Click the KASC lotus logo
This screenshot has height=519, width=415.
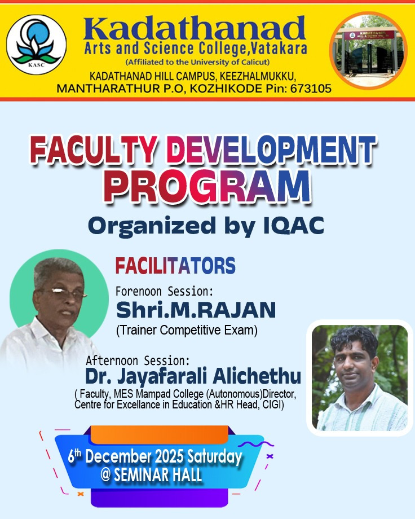37,45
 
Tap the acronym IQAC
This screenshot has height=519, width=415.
294,226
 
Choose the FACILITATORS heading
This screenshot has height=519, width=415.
175,266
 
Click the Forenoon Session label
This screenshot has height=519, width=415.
165,292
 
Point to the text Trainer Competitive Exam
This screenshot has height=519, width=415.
187,331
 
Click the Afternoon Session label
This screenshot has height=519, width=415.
138,360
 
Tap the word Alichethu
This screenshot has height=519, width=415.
257,376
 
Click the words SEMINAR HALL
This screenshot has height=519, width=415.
158,475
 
